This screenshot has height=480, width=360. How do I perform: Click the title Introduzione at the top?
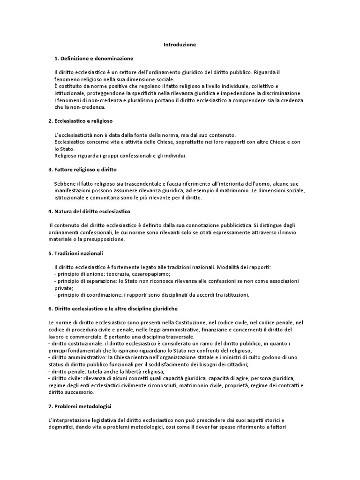[x=180, y=45]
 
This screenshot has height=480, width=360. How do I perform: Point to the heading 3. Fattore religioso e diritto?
[x=82, y=169]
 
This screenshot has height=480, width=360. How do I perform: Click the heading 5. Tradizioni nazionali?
[x=75, y=253]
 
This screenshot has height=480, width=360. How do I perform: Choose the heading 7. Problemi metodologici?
[x=80, y=405]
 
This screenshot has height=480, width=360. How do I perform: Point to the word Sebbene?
[x=65, y=183]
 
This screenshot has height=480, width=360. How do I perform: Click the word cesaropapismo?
[x=153, y=274]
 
